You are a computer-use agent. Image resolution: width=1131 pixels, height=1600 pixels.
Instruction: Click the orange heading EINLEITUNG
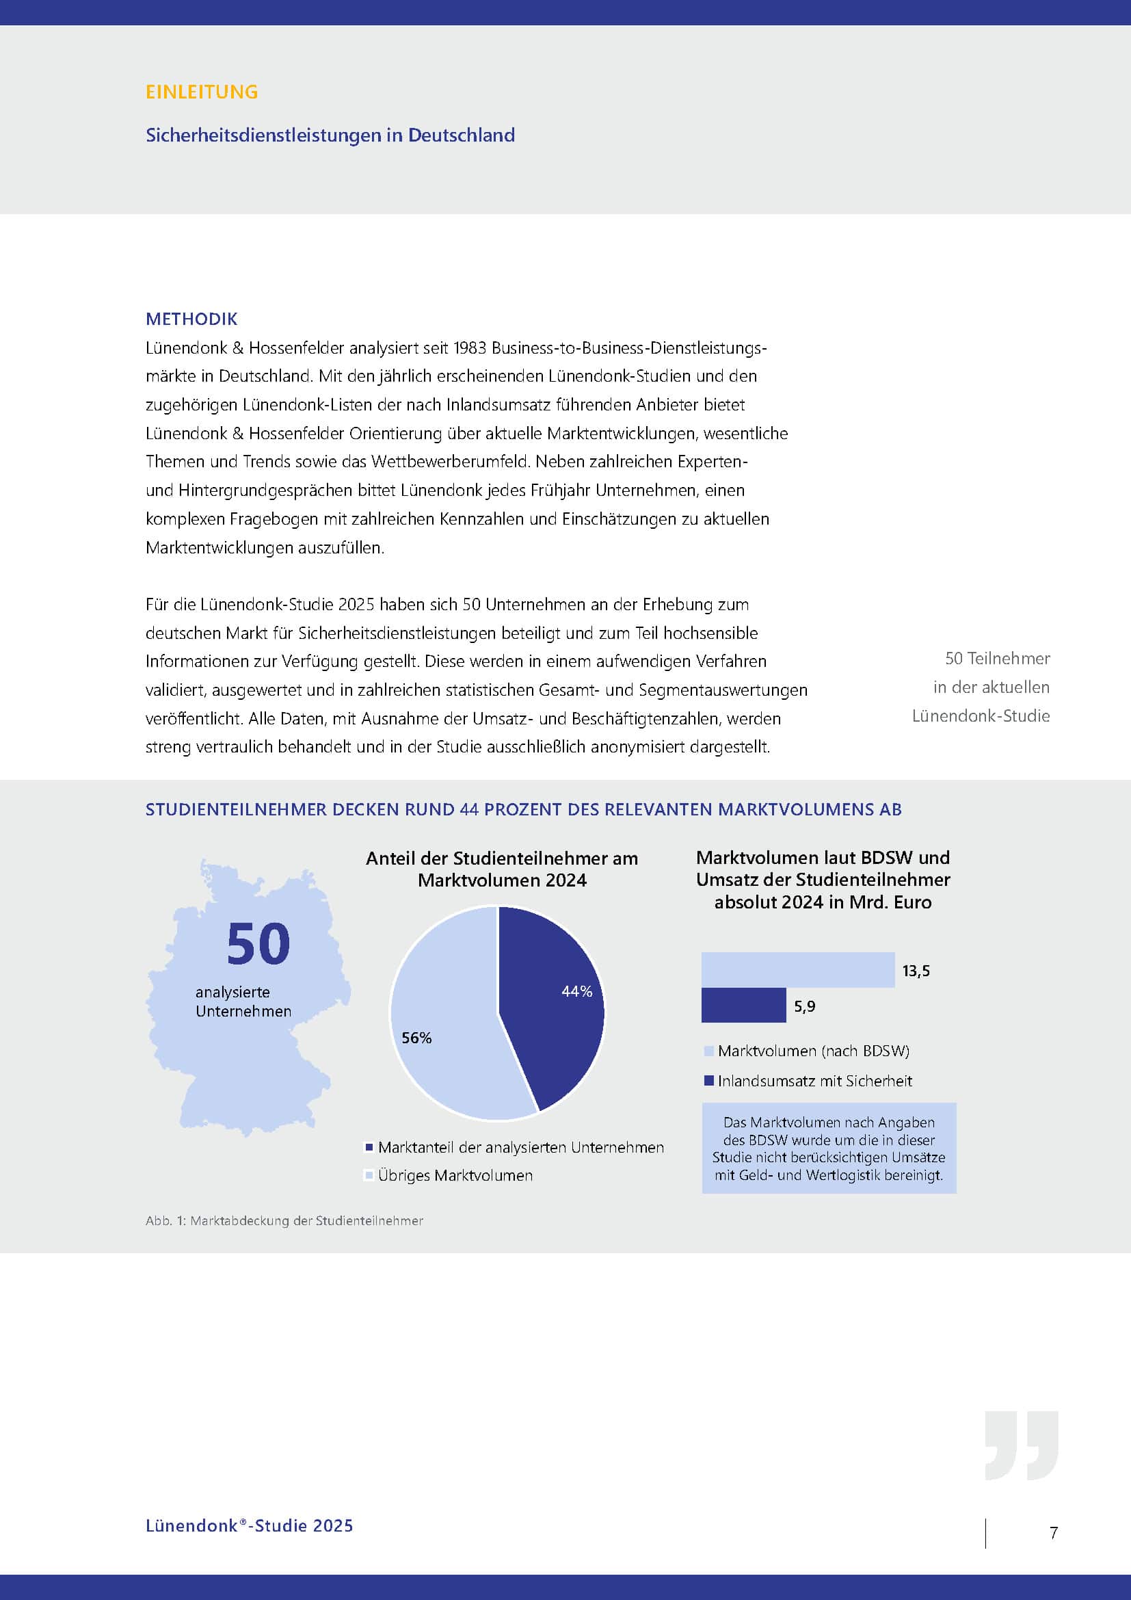click(201, 92)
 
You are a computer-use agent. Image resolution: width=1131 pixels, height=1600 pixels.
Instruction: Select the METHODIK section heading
click(191, 319)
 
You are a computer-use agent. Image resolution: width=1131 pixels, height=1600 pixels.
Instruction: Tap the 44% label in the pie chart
click(576, 991)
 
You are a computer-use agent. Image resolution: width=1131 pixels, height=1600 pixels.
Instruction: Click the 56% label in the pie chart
click(416, 1038)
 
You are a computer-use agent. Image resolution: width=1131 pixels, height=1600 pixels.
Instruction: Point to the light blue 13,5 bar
click(797, 969)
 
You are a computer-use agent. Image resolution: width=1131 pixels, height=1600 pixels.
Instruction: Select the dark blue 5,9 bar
click(743, 1005)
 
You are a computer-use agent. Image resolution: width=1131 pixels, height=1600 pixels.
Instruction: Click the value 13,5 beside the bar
click(916, 971)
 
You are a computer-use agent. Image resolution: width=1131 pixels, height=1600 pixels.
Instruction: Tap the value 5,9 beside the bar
click(804, 1006)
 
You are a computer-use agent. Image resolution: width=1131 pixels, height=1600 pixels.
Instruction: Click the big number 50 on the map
click(258, 944)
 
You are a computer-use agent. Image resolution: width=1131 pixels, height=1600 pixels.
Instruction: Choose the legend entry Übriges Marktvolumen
click(455, 1176)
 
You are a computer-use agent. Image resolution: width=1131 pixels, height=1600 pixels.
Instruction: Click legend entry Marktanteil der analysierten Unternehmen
click(520, 1147)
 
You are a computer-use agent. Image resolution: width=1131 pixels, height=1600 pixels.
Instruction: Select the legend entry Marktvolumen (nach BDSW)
click(813, 1051)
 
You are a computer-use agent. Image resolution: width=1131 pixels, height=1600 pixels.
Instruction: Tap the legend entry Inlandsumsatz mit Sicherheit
click(814, 1081)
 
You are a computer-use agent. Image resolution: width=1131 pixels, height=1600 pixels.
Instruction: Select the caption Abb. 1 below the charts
click(284, 1221)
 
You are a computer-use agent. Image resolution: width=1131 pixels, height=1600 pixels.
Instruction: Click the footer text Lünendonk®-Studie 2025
click(250, 1525)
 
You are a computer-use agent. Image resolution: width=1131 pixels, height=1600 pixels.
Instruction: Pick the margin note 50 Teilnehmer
click(997, 659)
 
